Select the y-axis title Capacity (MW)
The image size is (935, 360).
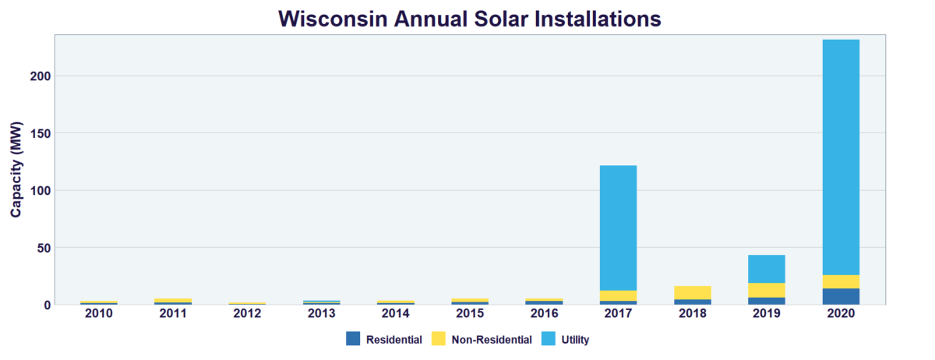[16, 169]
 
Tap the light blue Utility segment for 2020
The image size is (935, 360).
[841, 156]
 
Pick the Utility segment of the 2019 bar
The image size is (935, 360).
[767, 269]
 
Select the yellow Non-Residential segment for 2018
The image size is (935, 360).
[693, 292]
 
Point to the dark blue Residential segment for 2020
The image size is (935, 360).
[841, 297]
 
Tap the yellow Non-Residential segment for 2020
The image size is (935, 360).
[841, 281]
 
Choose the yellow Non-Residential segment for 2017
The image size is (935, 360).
[618, 295]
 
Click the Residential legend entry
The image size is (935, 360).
[385, 339]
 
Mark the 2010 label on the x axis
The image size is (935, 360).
[99, 313]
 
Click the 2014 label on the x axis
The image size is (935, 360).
[396, 313]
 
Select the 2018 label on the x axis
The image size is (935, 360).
[693, 313]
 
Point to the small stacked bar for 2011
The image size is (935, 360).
[173, 301]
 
